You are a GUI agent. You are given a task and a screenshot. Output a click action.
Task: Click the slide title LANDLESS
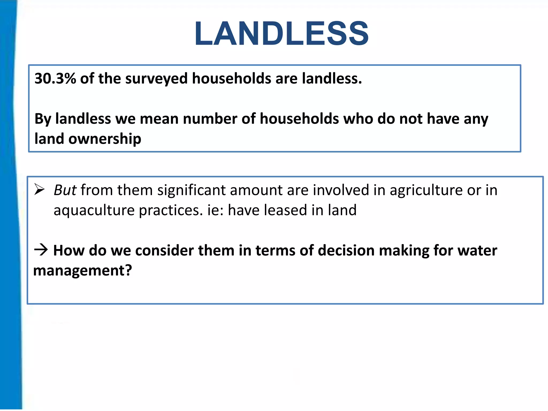(281, 33)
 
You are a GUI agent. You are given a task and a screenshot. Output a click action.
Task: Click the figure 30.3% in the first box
(55, 79)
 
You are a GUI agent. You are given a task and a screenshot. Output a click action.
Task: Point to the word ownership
(105, 139)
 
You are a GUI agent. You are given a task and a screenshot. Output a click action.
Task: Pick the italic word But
(65, 190)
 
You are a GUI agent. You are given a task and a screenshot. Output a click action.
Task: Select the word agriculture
(426, 190)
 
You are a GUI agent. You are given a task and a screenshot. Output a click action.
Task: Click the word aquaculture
(94, 210)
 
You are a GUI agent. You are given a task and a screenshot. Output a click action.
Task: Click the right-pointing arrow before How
(41, 250)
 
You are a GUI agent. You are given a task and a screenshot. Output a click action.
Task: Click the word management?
(83, 271)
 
